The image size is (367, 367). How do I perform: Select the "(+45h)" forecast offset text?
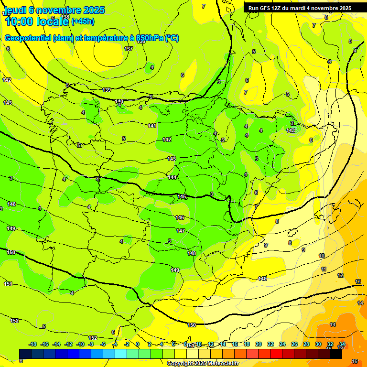pos(82,22)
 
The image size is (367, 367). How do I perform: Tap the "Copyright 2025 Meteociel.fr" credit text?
pos(203,364)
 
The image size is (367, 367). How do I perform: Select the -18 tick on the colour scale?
pos(32,344)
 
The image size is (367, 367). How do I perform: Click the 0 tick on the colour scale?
pos(138,344)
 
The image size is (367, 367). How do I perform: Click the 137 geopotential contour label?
pos(129,49)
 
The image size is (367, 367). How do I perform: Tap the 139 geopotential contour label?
pos(107,90)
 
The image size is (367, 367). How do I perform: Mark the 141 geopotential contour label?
pos(152,126)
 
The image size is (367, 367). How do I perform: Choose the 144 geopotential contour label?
pos(172,177)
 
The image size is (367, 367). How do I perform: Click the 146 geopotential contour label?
pos(180,217)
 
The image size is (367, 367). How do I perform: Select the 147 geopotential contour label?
pos(181,231)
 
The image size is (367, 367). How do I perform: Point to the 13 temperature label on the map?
pos(358,281)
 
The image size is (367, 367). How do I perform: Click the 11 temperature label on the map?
pos(324,270)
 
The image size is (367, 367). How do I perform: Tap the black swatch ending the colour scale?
pos(336,353)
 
